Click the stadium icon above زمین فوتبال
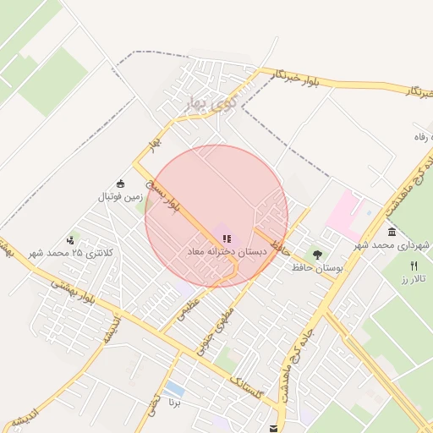[x=120, y=184]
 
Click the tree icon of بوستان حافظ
[x=317, y=255]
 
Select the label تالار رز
[x=416, y=278]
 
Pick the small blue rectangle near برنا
[x=175, y=390]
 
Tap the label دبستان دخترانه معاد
[x=227, y=252]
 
